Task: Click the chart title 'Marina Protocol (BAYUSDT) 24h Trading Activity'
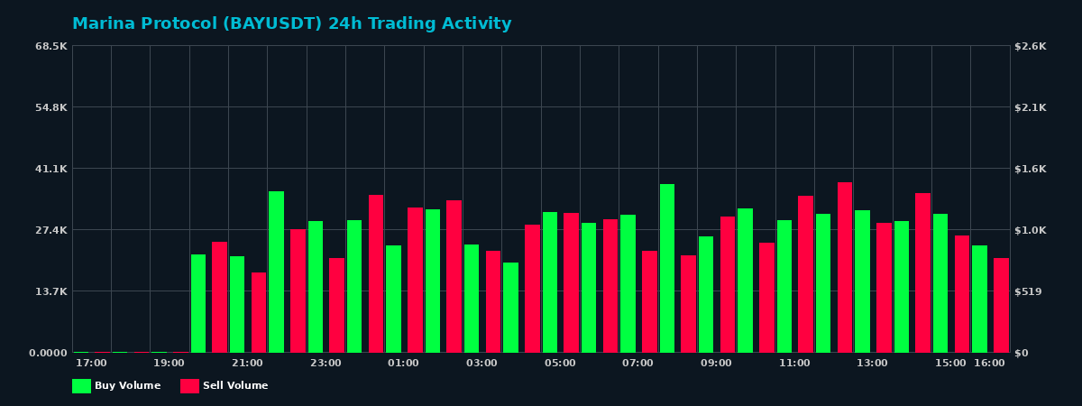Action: [x=291, y=24]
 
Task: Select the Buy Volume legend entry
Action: [x=116, y=386]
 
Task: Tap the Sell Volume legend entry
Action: [x=225, y=386]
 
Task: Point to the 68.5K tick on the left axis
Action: [x=51, y=46]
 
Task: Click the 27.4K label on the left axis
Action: [x=51, y=230]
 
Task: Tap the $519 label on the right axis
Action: [x=1030, y=291]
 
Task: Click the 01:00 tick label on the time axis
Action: [x=403, y=364]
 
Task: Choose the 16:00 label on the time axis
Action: [x=989, y=364]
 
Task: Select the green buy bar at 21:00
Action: [x=237, y=304]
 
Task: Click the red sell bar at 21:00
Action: [x=259, y=312]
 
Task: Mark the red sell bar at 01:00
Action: [x=415, y=280]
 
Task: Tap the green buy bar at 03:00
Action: [x=472, y=298]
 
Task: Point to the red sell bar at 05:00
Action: [x=571, y=282]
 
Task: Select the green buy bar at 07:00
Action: [x=628, y=283]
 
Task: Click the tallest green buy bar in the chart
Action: [x=667, y=268]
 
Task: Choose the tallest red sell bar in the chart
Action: [x=845, y=267]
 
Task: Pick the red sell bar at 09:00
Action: [x=728, y=284]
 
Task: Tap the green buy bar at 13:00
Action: [x=863, y=281]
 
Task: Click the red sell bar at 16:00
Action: [x=1001, y=305]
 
